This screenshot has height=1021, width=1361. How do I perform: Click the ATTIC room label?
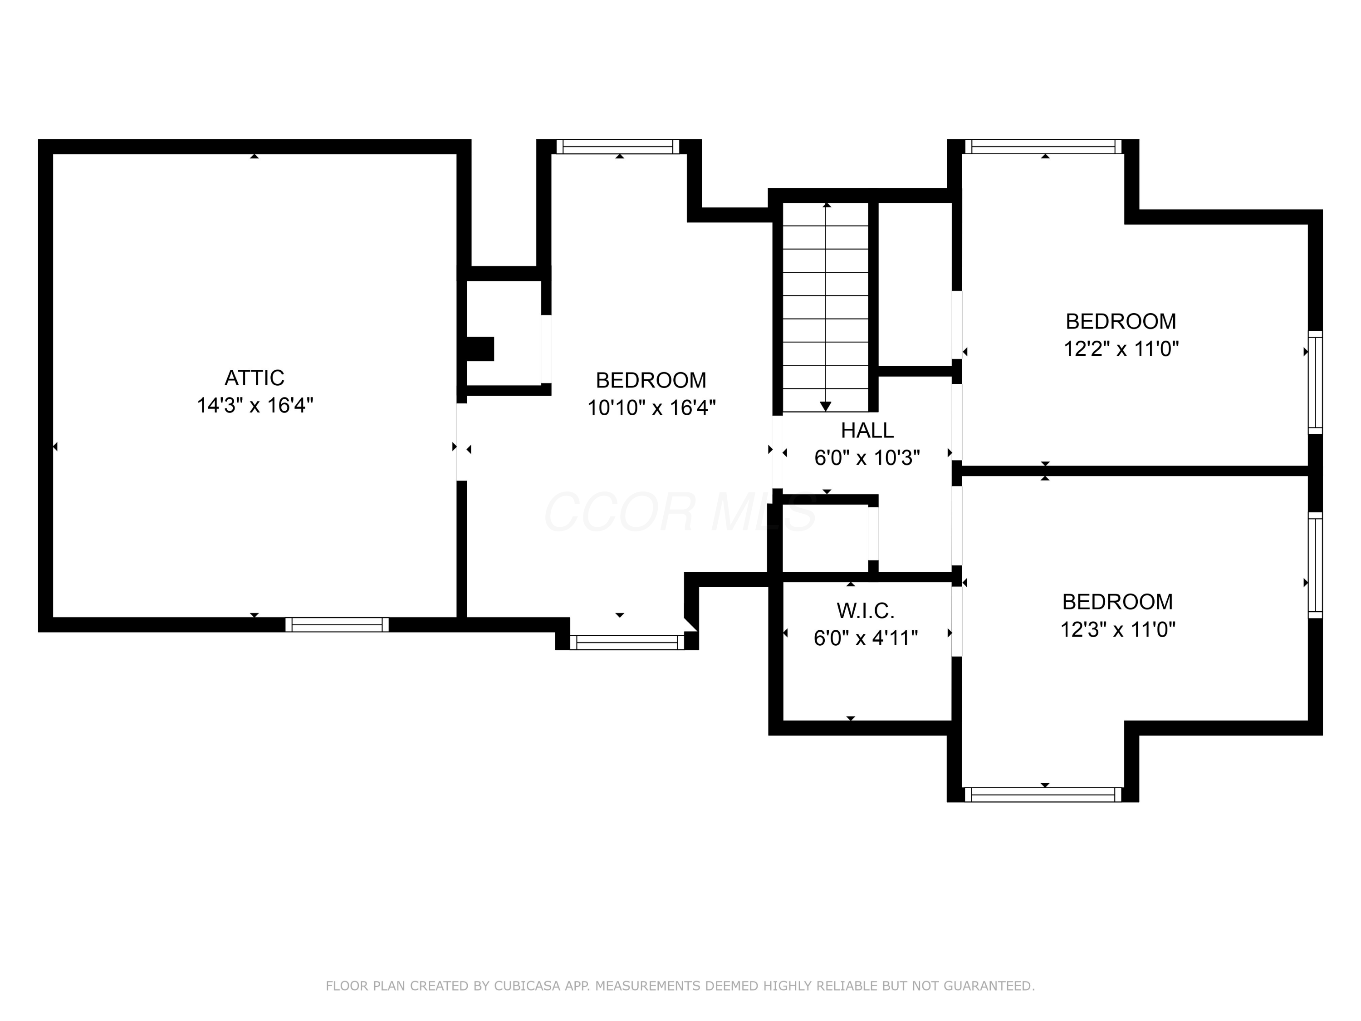pos(254,377)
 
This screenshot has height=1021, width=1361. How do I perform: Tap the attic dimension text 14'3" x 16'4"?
pos(255,406)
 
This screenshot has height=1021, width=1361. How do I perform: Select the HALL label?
pos(867,430)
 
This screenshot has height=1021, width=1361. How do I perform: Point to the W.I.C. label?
pos(865,611)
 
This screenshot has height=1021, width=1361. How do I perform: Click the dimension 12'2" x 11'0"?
pos(1121,349)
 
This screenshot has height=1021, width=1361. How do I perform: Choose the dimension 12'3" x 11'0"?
pos(1118,629)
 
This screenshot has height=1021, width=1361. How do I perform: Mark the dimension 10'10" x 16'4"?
pos(651,407)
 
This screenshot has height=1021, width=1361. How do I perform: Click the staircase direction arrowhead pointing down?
pos(826,406)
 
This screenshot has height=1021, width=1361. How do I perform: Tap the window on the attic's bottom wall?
pos(337,625)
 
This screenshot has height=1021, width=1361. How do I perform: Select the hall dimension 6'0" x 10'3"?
pos(867,458)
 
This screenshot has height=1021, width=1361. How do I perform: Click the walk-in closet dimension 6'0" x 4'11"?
pos(866,638)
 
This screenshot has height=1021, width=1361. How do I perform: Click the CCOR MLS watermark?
pos(680,512)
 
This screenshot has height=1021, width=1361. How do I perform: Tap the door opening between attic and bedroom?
pos(461,442)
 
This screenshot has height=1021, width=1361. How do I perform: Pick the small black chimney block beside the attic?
pos(480,349)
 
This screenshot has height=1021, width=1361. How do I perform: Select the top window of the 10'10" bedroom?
pos(618,147)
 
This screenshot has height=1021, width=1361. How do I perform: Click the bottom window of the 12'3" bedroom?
pos(1043,795)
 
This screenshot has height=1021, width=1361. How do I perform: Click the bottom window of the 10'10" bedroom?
pos(627,643)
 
